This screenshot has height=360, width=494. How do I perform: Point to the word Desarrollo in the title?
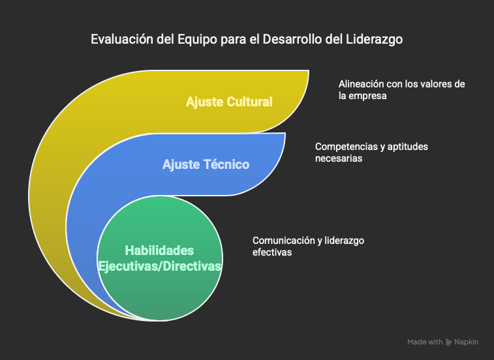click(293, 39)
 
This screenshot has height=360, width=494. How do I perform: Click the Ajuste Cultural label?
click(229, 102)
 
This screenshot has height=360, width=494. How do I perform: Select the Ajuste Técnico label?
click(206, 164)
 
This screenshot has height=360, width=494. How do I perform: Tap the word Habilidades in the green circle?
click(159, 250)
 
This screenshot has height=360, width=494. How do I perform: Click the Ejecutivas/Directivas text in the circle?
click(160, 266)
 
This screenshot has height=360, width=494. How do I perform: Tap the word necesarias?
click(339, 158)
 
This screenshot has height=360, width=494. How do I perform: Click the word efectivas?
click(272, 252)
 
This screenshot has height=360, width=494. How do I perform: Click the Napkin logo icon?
click(448, 342)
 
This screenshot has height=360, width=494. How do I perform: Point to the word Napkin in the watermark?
click(467, 342)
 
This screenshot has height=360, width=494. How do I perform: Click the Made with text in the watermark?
click(425, 342)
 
